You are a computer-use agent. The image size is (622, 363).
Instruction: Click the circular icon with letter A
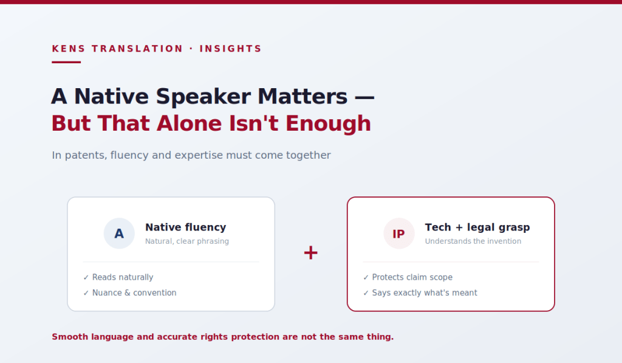tap(119, 233)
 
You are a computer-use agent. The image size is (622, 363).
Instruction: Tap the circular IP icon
tap(398, 233)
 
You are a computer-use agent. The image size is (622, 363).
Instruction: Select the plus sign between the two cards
tap(310, 252)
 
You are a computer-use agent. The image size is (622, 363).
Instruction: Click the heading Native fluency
tap(186, 227)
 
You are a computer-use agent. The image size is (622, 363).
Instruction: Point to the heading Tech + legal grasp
tap(477, 227)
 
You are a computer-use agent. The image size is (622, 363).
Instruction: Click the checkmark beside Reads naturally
tap(86, 278)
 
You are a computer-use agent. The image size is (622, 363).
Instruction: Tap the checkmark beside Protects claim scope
tap(366, 278)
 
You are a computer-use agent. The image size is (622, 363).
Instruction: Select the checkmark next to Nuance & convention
tap(86, 293)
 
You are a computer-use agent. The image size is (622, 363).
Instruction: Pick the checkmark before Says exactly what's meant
tap(366, 293)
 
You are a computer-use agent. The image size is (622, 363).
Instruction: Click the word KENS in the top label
tap(69, 49)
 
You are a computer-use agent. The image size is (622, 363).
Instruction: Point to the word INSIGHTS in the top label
tap(230, 49)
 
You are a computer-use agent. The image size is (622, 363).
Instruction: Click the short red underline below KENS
tap(66, 62)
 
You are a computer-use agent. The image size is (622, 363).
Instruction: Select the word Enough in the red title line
tap(328, 123)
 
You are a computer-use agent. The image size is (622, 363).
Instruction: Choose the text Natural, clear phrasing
tap(187, 241)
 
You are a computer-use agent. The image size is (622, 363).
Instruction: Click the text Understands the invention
tap(473, 241)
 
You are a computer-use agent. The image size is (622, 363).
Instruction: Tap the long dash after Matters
tap(364, 97)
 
